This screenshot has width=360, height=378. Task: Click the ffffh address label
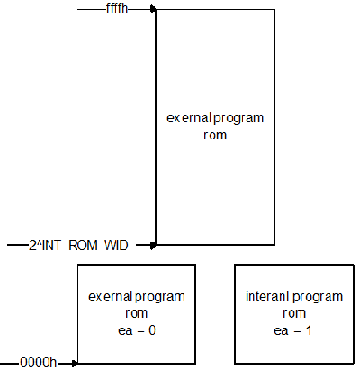[x=117, y=8]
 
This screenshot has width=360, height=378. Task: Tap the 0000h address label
[x=38, y=363]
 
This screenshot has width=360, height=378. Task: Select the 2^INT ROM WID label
[x=78, y=246]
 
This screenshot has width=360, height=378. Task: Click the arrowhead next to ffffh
[x=153, y=9]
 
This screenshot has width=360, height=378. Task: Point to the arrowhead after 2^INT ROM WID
[x=153, y=246]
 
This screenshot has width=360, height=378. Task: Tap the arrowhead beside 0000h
[x=75, y=364]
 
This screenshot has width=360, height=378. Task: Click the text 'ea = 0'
[x=137, y=330]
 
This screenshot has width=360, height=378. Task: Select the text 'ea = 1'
[x=292, y=330]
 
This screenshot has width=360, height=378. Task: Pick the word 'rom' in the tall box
[x=215, y=135]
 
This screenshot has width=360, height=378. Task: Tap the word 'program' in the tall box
[x=238, y=119]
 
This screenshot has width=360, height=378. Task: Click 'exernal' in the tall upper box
[x=189, y=118]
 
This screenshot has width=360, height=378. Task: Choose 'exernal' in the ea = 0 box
[x=111, y=296]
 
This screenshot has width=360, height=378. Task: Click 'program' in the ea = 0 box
[x=160, y=297]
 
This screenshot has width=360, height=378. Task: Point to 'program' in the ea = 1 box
[x=318, y=297]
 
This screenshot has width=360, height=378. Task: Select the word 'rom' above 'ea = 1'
[x=294, y=313]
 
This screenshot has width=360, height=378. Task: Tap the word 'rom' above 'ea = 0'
[x=137, y=313]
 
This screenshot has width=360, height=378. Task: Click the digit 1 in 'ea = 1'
[x=309, y=330]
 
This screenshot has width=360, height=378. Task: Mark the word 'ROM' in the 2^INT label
[x=84, y=246]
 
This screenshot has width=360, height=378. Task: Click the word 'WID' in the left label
[x=116, y=246]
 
